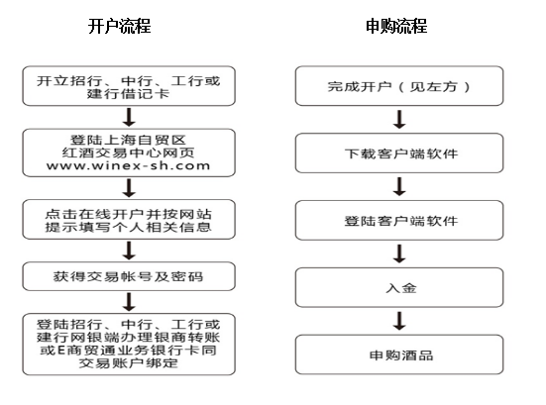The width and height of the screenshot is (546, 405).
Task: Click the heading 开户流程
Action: [x=120, y=26]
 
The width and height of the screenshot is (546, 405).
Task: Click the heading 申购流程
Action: [x=396, y=26]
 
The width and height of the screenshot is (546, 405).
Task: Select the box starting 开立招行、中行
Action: [x=129, y=86]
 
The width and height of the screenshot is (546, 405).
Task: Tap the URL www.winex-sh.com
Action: [x=129, y=165]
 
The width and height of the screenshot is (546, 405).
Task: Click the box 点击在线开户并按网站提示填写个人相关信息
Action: [x=129, y=219]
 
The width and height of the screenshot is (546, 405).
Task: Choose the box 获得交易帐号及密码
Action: [x=129, y=276]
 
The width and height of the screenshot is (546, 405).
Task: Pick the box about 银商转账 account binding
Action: [x=129, y=345]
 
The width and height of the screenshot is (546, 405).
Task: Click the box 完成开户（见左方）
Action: [x=399, y=86]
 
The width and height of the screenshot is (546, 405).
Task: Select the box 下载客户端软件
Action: [x=399, y=153]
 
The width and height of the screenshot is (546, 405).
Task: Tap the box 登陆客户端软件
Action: [x=399, y=220]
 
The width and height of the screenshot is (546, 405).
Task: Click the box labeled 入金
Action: [x=399, y=287]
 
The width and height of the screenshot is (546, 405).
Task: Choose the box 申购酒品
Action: [x=399, y=354]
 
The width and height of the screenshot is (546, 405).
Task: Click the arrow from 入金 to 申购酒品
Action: [x=399, y=321]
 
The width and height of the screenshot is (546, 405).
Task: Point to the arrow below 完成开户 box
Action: [x=399, y=120]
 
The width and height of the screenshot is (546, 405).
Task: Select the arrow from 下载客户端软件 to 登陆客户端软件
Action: [x=399, y=186]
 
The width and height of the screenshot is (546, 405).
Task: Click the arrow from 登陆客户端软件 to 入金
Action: [x=399, y=253]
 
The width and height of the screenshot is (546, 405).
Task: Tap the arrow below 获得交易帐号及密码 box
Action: [x=129, y=302]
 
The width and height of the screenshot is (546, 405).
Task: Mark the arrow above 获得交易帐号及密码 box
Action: [x=129, y=251]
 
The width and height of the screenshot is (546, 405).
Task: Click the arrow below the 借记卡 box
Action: [x=129, y=117]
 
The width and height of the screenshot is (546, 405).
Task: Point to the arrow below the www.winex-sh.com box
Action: [x=129, y=188]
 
